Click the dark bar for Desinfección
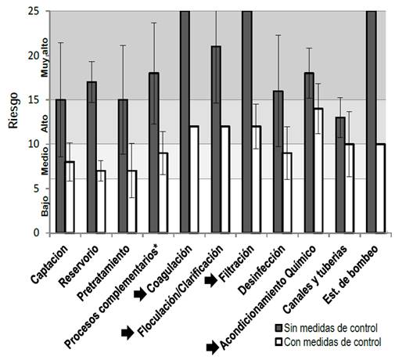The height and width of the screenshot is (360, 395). pos(277,161)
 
